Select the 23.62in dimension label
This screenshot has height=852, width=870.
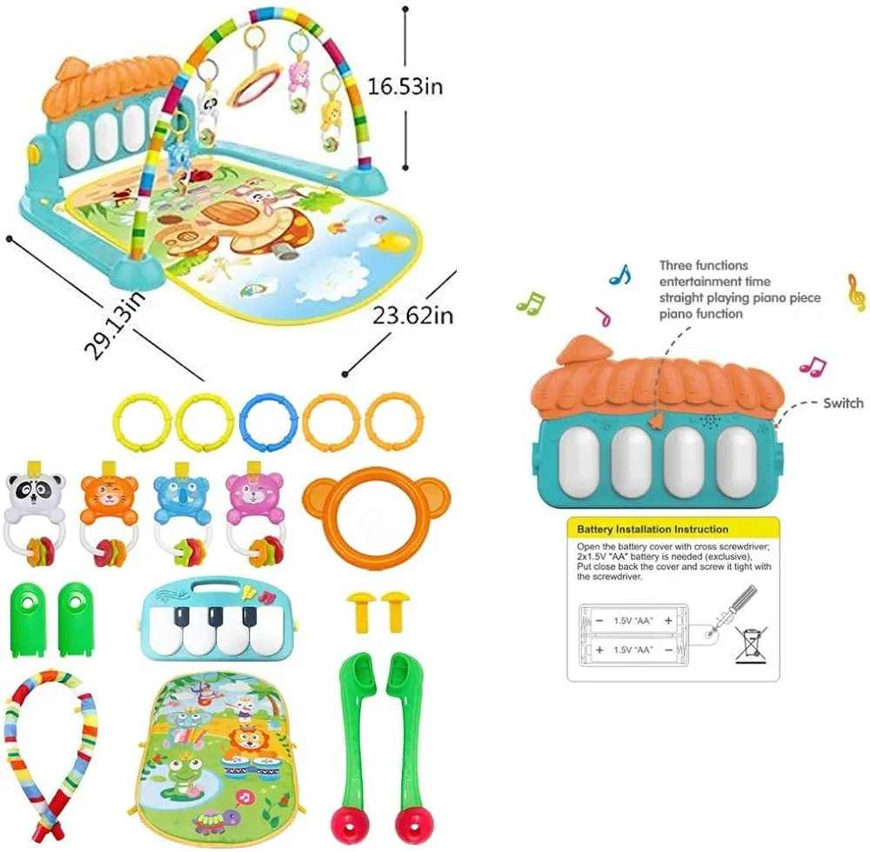(412, 315)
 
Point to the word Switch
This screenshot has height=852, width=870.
(843, 403)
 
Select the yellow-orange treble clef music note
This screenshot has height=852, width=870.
(856, 292)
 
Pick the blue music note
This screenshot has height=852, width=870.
(619, 276)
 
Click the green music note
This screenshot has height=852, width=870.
(530, 303)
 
